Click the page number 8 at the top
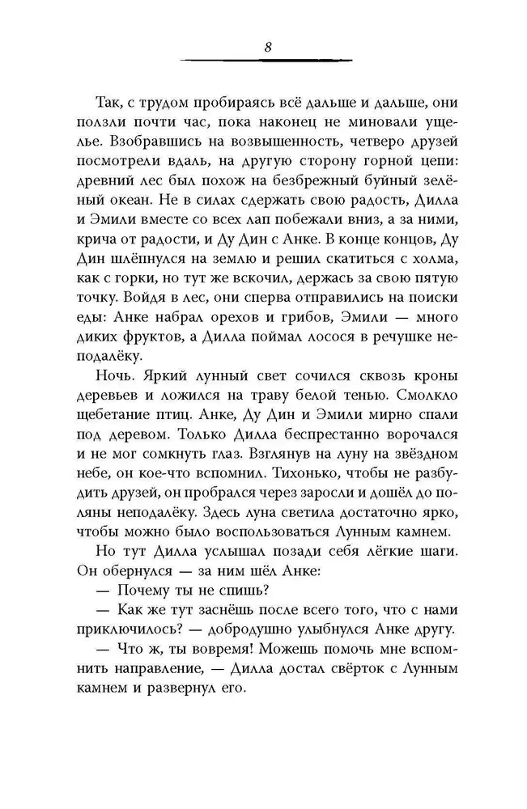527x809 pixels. pyautogui.click(x=267, y=46)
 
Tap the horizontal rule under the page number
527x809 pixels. pyautogui.click(x=267, y=60)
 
